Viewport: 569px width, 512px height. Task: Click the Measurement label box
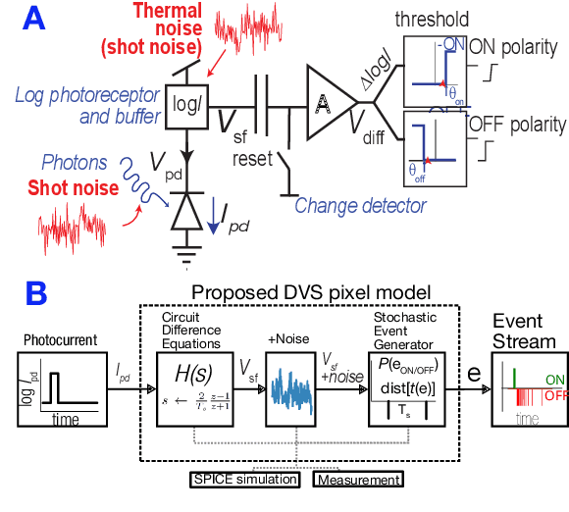point(358,480)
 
